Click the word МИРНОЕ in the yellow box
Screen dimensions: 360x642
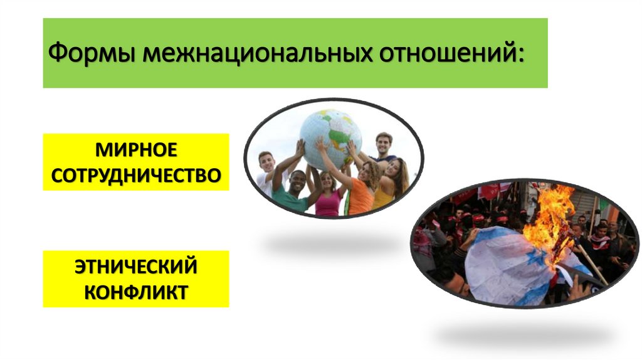(136, 151)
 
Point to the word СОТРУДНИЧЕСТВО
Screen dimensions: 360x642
(136, 175)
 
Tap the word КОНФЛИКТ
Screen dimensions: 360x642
(136, 292)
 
